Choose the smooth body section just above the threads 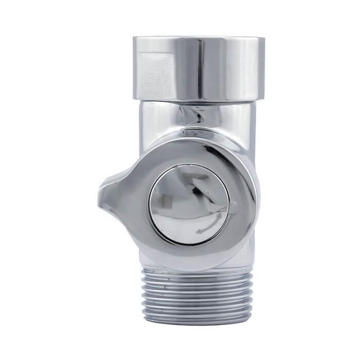point(154,260)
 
